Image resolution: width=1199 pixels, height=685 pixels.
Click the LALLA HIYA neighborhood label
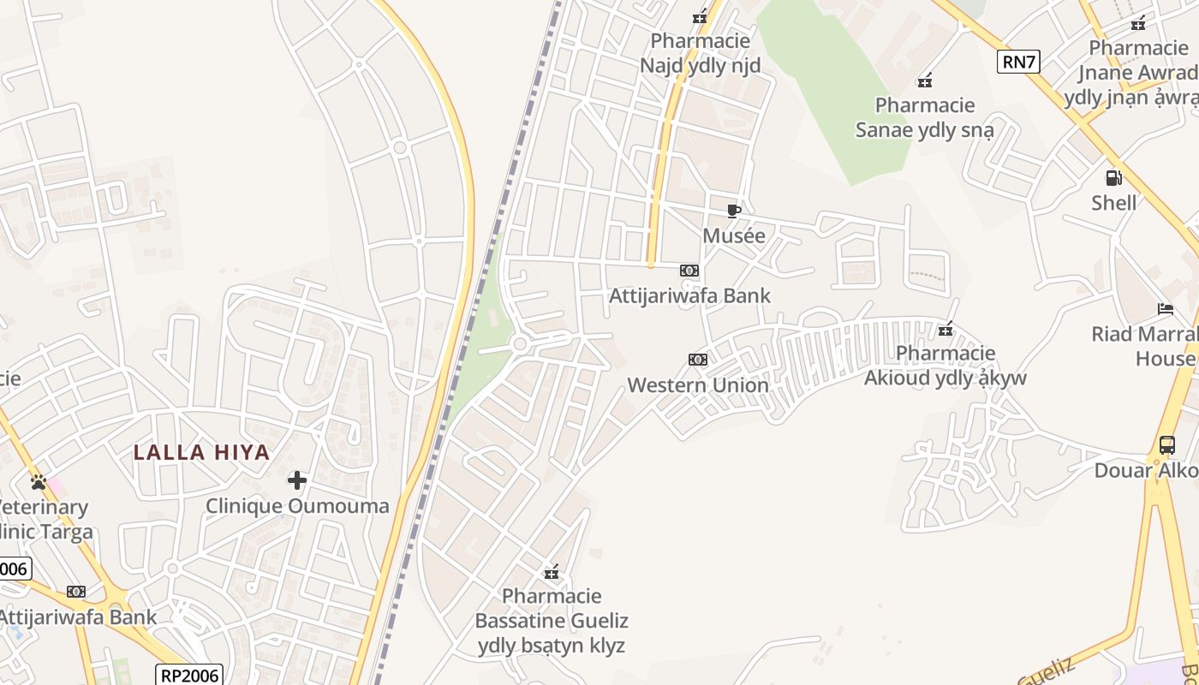(202, 452)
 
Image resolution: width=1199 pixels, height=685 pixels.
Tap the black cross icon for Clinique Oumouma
(297, 480)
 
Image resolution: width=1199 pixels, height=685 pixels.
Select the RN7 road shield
(1018, 61)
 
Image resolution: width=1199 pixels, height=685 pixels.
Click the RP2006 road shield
(189, 675)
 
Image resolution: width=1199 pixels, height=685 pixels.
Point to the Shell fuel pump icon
(1114, 178)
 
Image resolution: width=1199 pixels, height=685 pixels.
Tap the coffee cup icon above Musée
(733, 211)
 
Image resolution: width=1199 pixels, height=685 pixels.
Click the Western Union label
(698, 385)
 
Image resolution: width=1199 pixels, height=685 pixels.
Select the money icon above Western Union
(698, 360)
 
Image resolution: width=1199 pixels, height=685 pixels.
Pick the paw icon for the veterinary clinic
(38, 482)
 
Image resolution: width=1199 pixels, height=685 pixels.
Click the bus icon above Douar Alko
(1166, 445)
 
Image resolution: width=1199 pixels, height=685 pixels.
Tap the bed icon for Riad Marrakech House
(1166, 309)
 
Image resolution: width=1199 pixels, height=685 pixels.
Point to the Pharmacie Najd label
(701, 53)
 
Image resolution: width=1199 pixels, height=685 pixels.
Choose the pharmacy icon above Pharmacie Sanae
(925, 81)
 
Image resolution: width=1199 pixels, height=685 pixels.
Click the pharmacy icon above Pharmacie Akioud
(945, 329)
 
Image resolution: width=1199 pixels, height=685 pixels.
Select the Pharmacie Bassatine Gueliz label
(552, 621)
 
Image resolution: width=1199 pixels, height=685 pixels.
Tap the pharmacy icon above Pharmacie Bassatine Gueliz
(552, 572)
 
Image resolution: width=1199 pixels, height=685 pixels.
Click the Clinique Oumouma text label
(297, 506)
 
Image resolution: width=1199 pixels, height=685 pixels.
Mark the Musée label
(734, 235)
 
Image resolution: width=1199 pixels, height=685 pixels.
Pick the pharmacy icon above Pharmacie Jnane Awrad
(1138, 24)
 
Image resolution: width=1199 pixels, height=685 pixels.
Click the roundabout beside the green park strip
(519, 344)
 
